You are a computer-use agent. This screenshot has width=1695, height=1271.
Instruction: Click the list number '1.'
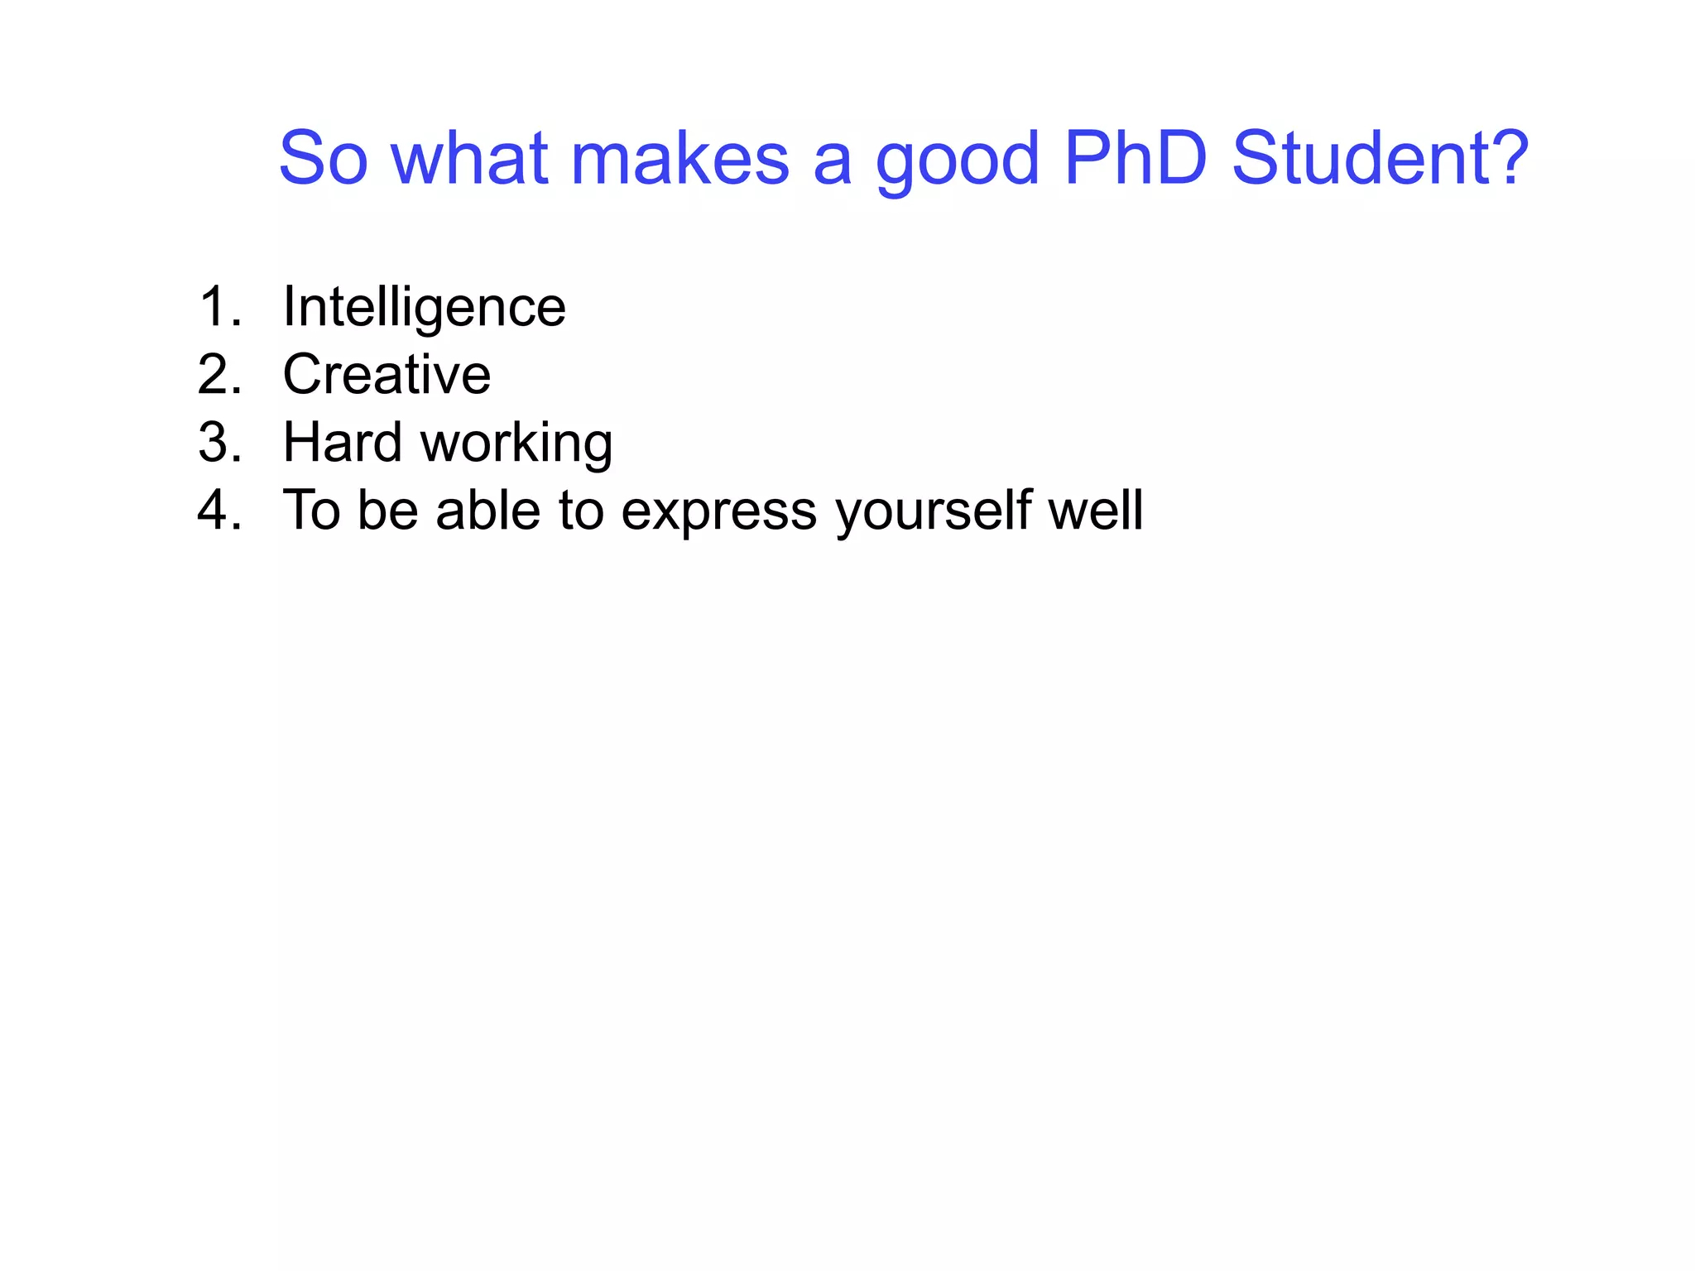[x=220, y=307]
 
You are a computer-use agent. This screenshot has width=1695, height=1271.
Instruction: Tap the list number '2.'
[x=220, y=375]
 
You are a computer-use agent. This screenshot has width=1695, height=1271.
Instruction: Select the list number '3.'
[x=220, y=443]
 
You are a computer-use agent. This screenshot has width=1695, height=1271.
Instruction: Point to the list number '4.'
[x=220, y=511]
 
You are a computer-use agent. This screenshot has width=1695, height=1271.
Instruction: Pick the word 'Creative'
[x=387, y=375]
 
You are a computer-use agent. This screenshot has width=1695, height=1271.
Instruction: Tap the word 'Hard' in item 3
[x=342, y=443]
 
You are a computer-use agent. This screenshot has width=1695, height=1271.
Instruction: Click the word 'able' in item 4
[x=487, y=510]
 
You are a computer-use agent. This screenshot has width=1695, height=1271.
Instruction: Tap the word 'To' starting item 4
[x=311, y=510]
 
